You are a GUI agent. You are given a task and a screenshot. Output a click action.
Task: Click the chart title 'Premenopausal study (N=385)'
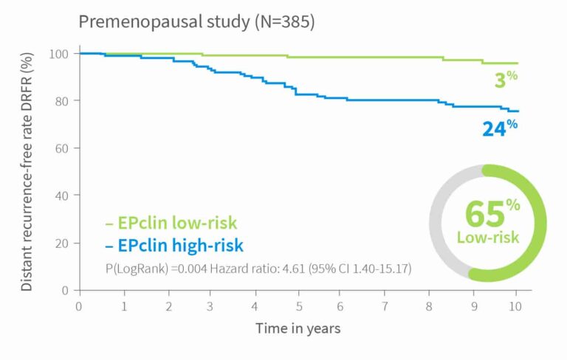coord(197,22)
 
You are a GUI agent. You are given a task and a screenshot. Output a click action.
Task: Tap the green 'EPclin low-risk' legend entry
coord(171,223)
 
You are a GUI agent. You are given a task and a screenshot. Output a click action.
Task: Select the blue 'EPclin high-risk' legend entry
coord(174,245)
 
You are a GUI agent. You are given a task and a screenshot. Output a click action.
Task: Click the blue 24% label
coord(499,128)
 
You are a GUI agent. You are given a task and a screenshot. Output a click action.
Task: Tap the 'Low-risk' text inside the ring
coord(488,238)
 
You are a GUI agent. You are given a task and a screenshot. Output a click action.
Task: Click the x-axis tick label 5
coord(299,305)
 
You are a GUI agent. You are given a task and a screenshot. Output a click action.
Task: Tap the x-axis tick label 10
coord(516,305)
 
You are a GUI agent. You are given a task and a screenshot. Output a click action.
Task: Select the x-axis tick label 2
coord(168,305)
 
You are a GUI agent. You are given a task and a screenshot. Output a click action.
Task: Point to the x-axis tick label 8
coord(429,305)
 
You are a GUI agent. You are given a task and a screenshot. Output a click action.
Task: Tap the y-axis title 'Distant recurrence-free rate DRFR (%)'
coord(27,171)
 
